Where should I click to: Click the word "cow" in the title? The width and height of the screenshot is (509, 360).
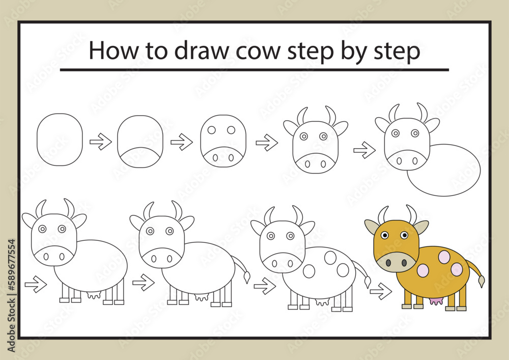tap(258, 51)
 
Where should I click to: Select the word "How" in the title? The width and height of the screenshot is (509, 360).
tap(114, 50)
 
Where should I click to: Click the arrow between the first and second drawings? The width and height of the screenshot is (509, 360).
tap(101, 142)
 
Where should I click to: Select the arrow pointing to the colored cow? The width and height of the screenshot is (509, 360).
tap(381, 291)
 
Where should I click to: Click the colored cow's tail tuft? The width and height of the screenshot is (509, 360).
tap(482, 281)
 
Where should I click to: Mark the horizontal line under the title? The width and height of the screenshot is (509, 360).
tap(254, 70)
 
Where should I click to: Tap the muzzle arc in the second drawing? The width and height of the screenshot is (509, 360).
tap(140, 148)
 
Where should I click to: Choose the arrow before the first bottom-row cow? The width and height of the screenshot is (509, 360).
tap(36, 284)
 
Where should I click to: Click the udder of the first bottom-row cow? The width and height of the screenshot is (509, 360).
tap(94, 295)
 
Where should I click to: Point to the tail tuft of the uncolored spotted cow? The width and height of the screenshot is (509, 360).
tap(367, 282)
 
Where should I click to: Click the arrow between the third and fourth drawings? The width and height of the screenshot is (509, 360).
tap(267, 143)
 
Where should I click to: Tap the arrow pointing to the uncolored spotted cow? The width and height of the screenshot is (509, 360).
tap(265, 286)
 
